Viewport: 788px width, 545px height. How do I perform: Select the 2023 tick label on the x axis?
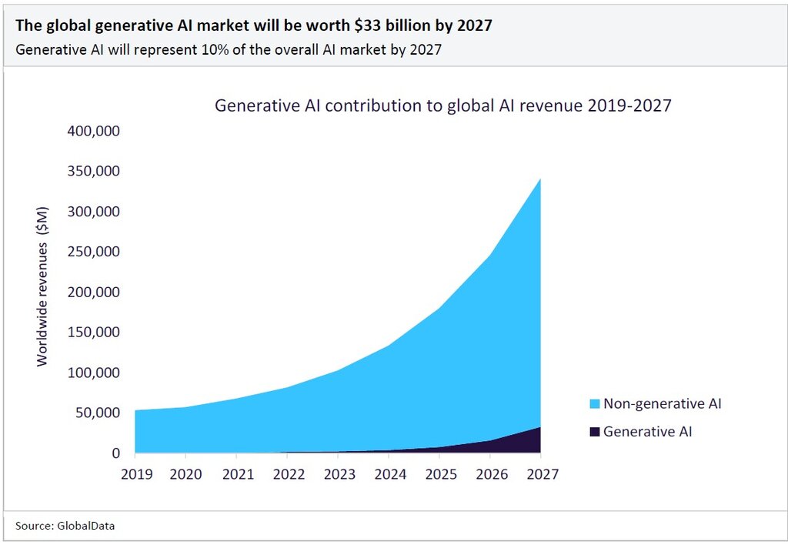(x=339, y=474)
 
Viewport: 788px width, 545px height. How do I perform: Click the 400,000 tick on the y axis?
(x=93, y=132)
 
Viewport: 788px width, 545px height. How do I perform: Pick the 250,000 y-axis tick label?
(x=93, y=252)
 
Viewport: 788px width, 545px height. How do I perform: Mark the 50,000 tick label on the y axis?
(x=96, y=413)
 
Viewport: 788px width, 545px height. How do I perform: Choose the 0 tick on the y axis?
(x=115, y=453)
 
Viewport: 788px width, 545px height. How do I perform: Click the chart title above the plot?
(x=442, y=105)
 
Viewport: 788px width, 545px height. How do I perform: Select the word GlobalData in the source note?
(x=88, y=526)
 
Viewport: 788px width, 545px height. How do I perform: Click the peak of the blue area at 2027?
(x=539, y=180)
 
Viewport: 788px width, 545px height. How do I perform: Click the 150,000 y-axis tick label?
(x=93, y=333)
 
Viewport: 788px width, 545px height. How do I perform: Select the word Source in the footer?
(x=32, y=526)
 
